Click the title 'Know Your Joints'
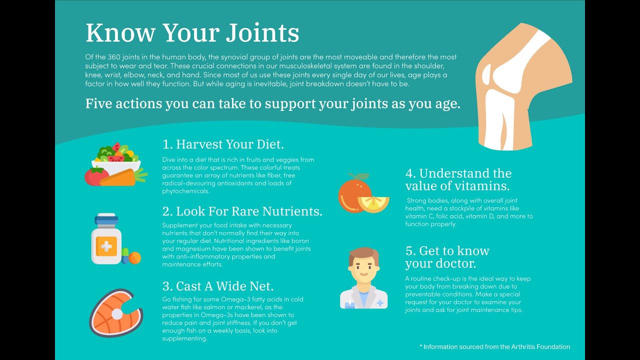coord(192,33)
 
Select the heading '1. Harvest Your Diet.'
coord(223,144)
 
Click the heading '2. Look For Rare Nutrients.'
coord(242,211)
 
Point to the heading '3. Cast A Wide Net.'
coord(218,286)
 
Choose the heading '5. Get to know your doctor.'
coord(447,257)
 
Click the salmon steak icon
coord(116,313)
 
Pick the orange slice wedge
coord(373,204)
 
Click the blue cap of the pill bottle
coord(106,219)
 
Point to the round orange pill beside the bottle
coord(135,257)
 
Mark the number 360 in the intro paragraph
coord(114,57)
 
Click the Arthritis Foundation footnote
coord(495,347)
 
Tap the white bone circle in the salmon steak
coord(117,314)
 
